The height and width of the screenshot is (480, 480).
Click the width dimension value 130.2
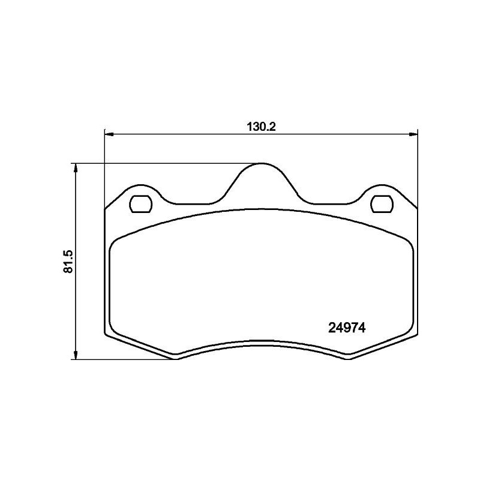tap(260, 127)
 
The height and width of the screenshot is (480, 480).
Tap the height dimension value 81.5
tap(68, 262)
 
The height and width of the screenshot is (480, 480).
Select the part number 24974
tap(347, 328)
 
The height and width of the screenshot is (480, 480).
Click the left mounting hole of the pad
tap(141, 204)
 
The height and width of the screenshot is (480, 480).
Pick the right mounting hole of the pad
tap(381, 204)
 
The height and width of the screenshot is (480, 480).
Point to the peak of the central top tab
tap(261, 164)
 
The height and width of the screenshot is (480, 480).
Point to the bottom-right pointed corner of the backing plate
tap(348, 359)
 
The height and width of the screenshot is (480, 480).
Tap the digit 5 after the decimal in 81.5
tap(68, 252)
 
